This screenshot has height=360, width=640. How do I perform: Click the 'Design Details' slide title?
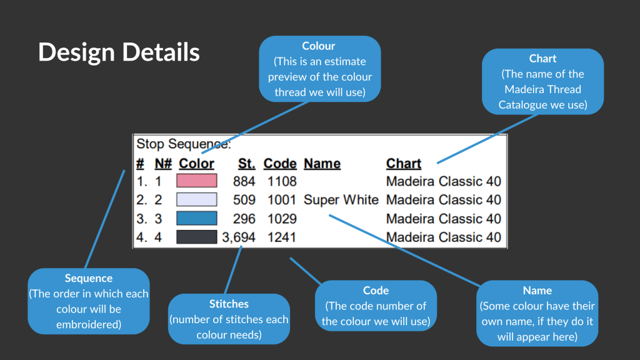119,52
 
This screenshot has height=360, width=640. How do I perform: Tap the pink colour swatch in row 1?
197,181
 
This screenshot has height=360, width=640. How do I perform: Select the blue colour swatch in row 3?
197,218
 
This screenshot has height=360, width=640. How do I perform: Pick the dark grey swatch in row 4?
197,237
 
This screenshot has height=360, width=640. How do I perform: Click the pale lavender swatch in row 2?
197,199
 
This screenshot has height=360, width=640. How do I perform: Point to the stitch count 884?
244,181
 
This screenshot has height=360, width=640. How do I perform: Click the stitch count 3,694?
239,237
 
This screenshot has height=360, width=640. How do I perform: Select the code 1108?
282,181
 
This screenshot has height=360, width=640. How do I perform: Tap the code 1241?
282,237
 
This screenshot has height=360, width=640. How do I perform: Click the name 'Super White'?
341,199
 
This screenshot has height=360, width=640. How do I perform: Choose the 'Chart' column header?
403,164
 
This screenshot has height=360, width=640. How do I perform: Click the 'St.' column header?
246,164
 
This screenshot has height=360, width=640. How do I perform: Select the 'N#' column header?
163,164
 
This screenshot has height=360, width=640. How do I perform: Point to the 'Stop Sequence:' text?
184,144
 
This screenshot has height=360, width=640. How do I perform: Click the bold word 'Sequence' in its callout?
89,278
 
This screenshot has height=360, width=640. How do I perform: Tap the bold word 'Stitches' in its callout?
229,304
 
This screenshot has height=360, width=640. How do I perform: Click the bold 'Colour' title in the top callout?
318,46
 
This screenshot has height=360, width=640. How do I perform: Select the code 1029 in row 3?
282,219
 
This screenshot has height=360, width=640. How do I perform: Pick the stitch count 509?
244,199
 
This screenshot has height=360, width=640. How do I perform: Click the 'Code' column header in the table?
280,164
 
